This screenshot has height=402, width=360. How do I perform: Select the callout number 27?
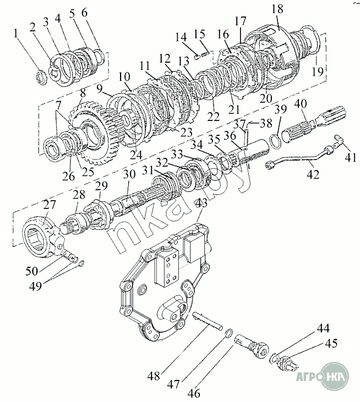(50, 205)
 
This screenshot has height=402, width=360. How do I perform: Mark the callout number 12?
(165, 59)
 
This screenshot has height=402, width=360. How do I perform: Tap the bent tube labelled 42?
(299, 158)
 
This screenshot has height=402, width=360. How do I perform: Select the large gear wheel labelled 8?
(95, 133)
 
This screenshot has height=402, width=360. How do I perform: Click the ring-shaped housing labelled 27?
(42, 235)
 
